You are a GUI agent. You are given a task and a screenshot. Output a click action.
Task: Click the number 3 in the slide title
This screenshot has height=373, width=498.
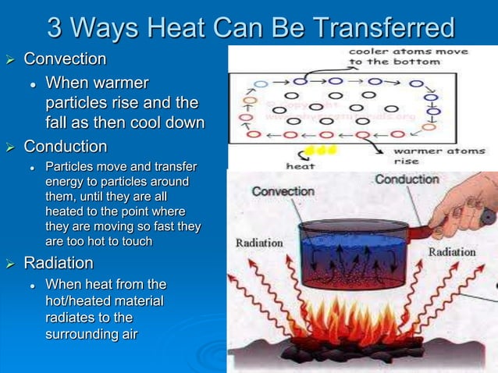pos(56,28)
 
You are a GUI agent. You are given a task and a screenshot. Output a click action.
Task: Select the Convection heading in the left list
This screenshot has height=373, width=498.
pos(66,59)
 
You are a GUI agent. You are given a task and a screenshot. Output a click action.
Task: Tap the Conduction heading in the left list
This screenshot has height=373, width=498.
pos(66,147)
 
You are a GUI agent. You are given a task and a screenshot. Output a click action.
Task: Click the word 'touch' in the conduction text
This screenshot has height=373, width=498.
pos(133,242)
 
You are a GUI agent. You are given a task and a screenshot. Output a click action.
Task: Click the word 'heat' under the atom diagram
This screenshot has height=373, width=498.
pos(301,165)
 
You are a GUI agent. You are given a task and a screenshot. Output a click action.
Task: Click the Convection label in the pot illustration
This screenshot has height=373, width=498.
pos(283,191)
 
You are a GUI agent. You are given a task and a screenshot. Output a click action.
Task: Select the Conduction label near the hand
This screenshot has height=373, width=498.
pos(407,179)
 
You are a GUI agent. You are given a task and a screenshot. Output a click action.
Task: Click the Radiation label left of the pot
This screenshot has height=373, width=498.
pos(259,243)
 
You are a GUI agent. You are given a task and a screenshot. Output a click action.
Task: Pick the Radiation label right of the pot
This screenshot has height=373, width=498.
pos(451,252)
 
